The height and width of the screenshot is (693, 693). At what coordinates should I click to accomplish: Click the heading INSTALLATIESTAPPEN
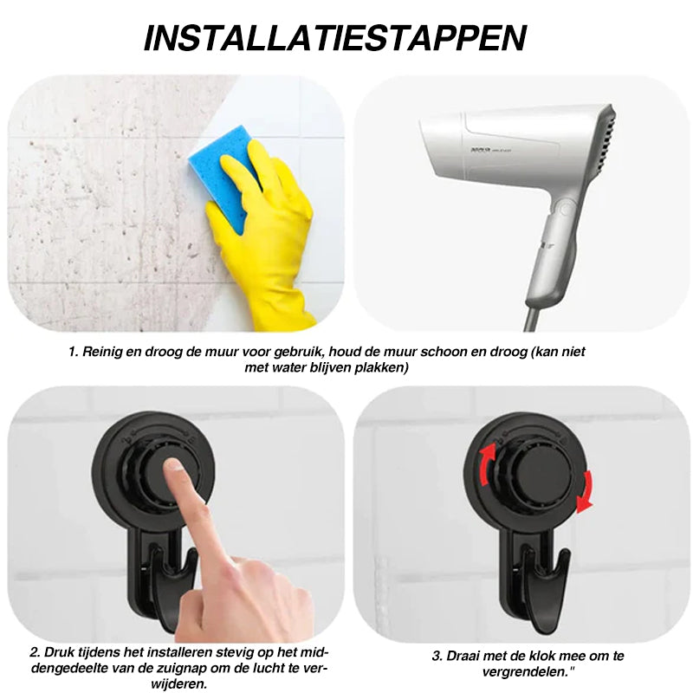click(x=335, y=39)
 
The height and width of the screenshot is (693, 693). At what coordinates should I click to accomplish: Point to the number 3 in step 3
click(x=437, y=656)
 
